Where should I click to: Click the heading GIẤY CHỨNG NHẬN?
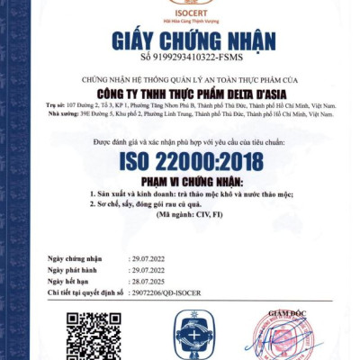point(180,40)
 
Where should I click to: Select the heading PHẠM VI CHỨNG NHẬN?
point(180,181)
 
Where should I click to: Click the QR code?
point(94,335)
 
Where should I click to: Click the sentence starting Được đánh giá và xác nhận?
point(180,143)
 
